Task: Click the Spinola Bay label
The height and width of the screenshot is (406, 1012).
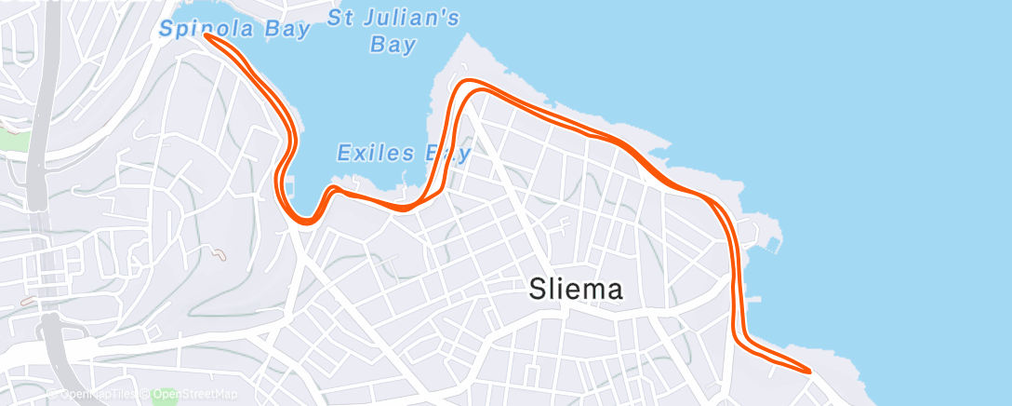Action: tap(233, 29)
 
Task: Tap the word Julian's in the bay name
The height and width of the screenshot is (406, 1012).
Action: tap(419, 16)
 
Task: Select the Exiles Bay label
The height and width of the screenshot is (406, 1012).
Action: tap(404, 152)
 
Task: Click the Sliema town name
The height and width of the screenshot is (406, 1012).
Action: tap(576, 290)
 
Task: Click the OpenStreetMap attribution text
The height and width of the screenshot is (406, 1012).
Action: tap(197, 394)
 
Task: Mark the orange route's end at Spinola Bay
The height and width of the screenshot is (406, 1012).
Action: tap(206, 36)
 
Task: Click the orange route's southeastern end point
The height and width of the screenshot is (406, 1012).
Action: tap(809, 372)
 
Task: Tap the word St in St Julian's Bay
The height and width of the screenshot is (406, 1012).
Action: tap(342, 16)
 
